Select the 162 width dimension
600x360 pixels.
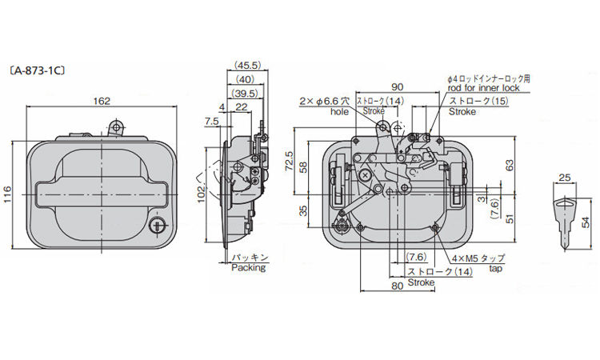(102, 102)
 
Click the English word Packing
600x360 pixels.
(247, 269)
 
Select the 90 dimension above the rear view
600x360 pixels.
(397, 87)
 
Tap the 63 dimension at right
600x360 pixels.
(510, 163)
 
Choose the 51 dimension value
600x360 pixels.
(510, 219)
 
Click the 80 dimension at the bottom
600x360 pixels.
(397, 285)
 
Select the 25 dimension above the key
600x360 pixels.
(564, 178)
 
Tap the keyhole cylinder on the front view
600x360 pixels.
(158, 227)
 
